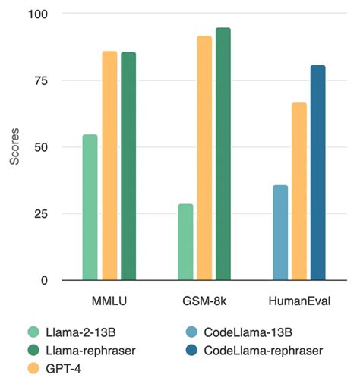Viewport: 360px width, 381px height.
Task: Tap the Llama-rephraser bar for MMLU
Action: [x=128, y=166]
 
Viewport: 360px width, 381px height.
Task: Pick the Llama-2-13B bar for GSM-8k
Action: [x=185, y=242]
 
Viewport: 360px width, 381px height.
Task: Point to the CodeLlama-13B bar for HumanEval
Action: [x=280, y=232]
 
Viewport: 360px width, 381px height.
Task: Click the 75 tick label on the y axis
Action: [x=39, y=80]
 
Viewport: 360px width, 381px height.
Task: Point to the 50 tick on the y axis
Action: [x=39, y=147]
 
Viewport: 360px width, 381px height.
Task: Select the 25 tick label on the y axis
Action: [x=39, y=214]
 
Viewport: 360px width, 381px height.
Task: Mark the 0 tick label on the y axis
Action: [x=43, y=280]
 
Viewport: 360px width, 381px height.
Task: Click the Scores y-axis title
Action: [x=13, y=148]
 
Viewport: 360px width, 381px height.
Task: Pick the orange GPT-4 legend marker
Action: [x=32, y=368]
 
